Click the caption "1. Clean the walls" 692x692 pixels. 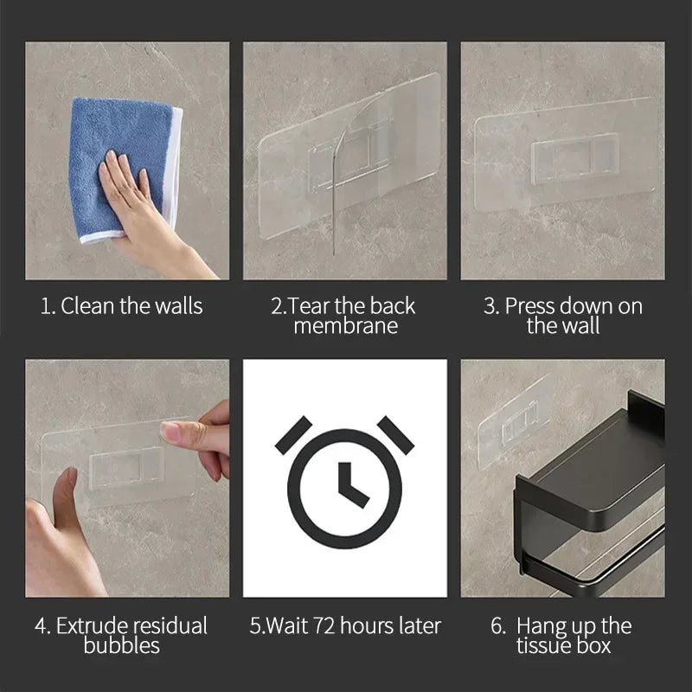click(x=121, y=305)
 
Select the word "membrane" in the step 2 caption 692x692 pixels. click(x=345, y=326)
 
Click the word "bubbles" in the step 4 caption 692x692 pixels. click(x=121, y=645)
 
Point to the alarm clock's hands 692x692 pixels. click(x=348, y=483)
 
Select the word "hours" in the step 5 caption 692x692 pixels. click(x=362, y=625)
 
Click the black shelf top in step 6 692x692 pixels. click(x=597, y=450)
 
